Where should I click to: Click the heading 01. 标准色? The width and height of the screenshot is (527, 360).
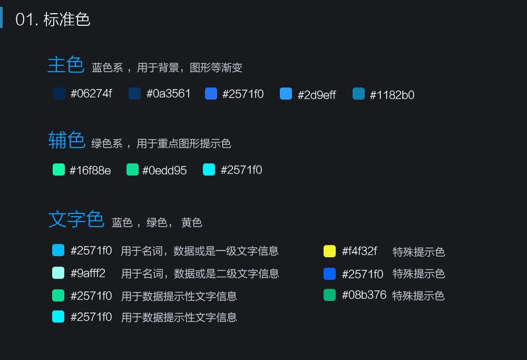(x=53, y=20)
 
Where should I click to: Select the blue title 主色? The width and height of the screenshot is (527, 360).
(x=66, y=65)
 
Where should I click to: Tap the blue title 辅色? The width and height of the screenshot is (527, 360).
(x=66, y=141)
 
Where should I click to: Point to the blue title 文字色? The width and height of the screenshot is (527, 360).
(x=76, y=219)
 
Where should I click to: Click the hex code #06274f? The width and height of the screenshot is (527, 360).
(x=91, y=94)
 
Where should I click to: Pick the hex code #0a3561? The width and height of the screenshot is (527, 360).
(x=168, y=94)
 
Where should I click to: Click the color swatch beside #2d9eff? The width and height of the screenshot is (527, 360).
(x=286, y=94)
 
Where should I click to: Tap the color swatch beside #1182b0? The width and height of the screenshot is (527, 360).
(x=358, y=94)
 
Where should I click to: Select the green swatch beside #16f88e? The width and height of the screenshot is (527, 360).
(x=58, y=170)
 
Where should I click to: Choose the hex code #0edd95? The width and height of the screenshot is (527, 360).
(x=164, y=170)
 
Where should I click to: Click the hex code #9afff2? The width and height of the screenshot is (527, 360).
(x=88, y=274)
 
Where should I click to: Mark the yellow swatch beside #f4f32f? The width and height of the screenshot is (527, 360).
(x=329, y=251)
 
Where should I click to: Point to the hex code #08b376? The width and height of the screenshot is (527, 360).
(x=364, y=295)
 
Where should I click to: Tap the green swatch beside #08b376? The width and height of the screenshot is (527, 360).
(x=329, y=295)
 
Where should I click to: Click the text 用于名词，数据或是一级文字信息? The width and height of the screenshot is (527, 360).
(x=200, y=251)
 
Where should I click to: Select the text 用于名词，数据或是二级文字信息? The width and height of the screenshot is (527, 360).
(x=200, y=274)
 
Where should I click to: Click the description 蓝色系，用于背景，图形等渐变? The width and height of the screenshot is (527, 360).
(x=167, y=68)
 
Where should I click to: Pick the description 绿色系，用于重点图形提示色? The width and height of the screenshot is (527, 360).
(x=161, y=143)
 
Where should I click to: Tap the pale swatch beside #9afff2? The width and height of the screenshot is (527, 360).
(x=58, y=273)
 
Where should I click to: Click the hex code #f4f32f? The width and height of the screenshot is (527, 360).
(x=359, y=251)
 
